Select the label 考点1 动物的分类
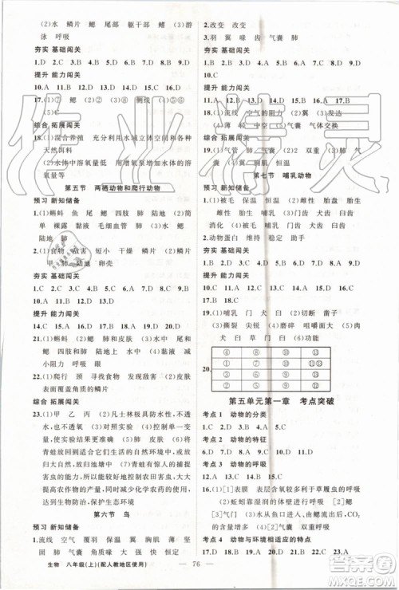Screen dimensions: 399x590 244,415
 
